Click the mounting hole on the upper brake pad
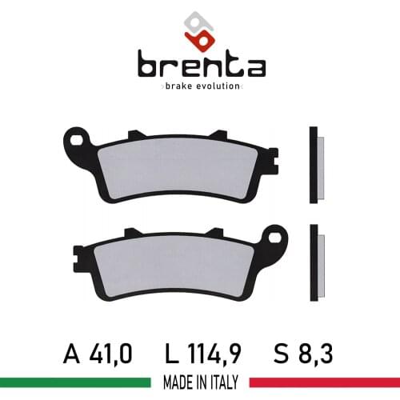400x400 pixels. point(77,142)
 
